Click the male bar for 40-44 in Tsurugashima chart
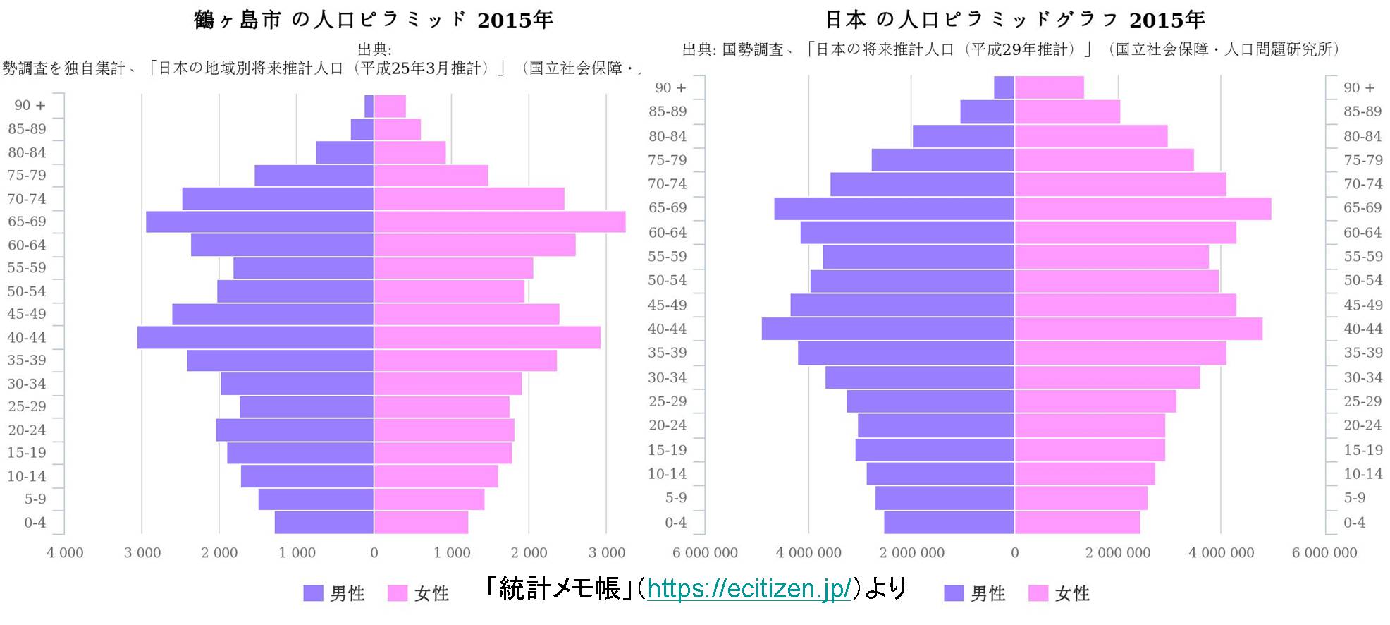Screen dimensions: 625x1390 [255, 337]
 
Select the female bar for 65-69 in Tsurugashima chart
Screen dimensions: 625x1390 [499, 222]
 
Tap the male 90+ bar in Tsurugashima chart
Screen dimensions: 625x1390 [369, 106]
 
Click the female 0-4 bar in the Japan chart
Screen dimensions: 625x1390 [1077, 523]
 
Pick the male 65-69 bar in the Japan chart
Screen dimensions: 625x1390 [894, 208]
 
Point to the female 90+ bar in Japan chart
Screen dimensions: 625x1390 [1049, 87]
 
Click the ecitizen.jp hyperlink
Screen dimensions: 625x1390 [749, 588]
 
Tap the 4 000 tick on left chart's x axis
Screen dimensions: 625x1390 [65, 552]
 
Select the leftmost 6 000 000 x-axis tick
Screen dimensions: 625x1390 [704, 552]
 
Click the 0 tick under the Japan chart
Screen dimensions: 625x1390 [1014, 552]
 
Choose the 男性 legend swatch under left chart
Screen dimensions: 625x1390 [313, 593]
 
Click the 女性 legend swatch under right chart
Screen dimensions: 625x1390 [1038, 593]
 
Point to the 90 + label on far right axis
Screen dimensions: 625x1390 [1358, 87]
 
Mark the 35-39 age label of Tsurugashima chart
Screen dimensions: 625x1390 [27, 360]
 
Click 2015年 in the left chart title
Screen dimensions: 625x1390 [515, 20]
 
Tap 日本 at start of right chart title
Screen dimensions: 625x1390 [845, 20]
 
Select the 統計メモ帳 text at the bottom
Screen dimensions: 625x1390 [559, 588]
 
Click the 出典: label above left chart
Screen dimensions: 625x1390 [374, 49]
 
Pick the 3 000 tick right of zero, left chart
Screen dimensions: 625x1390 [607, 552]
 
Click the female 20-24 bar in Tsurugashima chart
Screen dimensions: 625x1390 [443, 430]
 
